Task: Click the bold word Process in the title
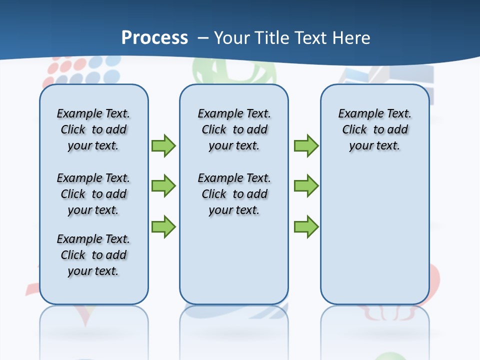[x=154, y=38]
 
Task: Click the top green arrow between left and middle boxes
[x=163, y=145]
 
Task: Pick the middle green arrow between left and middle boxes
[x=163, y=186]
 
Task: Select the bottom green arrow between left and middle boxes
[x=163, y=226]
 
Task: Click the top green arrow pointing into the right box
[x=306, y=145]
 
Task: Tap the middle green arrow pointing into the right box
[x=306, y=186]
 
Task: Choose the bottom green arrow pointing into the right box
[x=306, y=226]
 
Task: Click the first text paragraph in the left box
[x=93, y=129]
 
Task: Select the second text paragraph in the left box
[x=93, y=194]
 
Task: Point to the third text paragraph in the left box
[x=93, y=255]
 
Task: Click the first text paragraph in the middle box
[x=234, y=129]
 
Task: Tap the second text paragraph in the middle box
[x=234, y=194]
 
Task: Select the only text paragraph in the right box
[x=374, y=129]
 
